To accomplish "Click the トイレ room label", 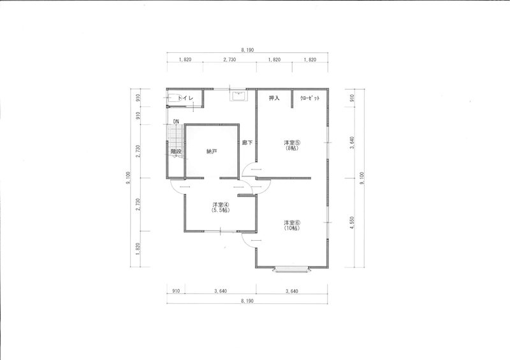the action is pyautogui.click(x=186, y=98).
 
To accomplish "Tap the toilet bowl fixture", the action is pyautogui.click(x=174, y=99).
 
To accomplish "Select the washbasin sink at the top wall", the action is pyautogui.click(x=238, y=96).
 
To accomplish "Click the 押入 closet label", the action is pyautogui.click(x=274, y=98).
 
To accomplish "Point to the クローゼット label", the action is pyautogui.click(x=310, y=98).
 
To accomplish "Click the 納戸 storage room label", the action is pyautogui.click(x=212, y=151).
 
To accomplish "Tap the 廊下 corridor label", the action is pyautogui.click(x=247, y=143).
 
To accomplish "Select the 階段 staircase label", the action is pyautogui.click(x=176, y=151).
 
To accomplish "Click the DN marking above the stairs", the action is pyautogui.click(x=176, y=121).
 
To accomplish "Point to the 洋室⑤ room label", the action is pyautogui.click(x=292, y=143).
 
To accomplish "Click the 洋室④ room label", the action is pyautogui.click(x=221, y=205).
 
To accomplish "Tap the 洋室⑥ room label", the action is pyautogui.click(x=292, y=223).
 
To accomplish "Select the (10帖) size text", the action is pyautogui.click(x=292, y=228).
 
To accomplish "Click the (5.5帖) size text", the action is pyautogui.click(x=221, y=210).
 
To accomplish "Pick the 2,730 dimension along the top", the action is pyautogui.click(x=229, y=59).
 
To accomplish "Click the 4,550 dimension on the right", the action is pyautogui.click(x=352, y=223).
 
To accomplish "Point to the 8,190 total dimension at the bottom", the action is pyautogui.click(x=247, y=301).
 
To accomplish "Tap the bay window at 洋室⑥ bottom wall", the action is pyautogui.click(x=291, y=270).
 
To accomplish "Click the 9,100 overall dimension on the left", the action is pyautogui.click(x=129, y=178).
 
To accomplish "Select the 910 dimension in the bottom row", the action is pyautogui.click(x=176, y=291).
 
